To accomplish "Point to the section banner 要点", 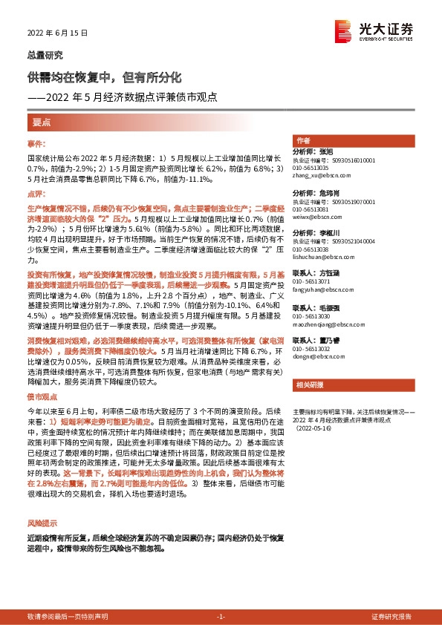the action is coord(41,121).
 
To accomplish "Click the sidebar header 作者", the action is coord(303,141).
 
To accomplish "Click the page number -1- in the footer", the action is coord(221,617).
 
